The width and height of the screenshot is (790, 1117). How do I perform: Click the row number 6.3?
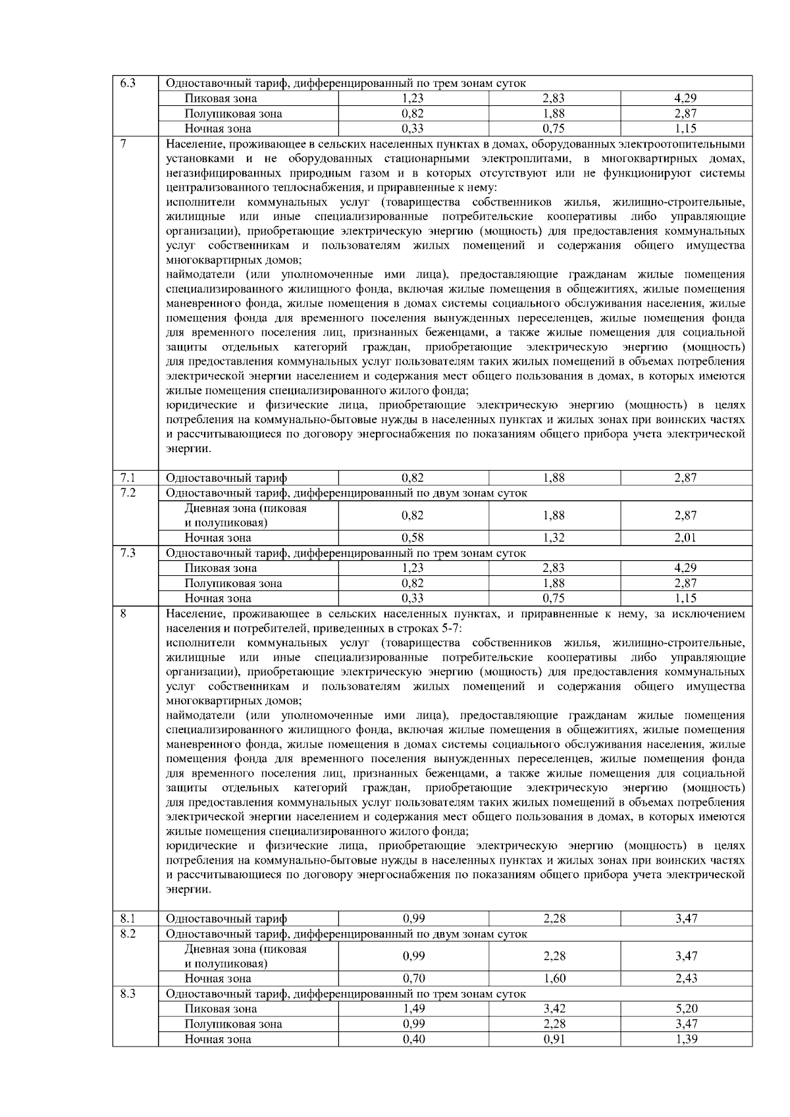(128, 84)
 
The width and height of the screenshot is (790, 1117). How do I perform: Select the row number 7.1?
(128, 478)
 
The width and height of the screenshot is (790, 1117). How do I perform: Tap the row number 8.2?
(128, 933)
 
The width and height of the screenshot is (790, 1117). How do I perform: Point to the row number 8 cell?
(123, 613)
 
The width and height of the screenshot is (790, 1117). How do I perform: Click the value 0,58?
(413, 538)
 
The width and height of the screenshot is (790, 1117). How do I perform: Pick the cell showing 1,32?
(554, 538)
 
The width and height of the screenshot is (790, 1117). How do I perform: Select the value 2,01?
(685, 538)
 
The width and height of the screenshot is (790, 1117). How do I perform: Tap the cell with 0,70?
(413, 978)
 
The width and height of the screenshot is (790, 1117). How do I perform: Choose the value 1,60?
(554, 978)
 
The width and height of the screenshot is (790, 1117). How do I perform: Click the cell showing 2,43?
(685, 978)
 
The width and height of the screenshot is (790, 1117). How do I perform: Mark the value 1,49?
(413, 1008)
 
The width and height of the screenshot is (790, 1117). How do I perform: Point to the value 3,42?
(554, 1008)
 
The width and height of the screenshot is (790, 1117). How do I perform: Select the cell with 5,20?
(685, 1008)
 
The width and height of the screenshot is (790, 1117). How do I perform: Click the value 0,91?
(554, 1039)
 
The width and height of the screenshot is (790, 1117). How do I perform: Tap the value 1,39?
(685, 1039)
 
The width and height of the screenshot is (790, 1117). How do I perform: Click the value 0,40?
(413, 1039)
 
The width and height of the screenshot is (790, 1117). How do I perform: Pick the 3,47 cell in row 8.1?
(685, 918)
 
